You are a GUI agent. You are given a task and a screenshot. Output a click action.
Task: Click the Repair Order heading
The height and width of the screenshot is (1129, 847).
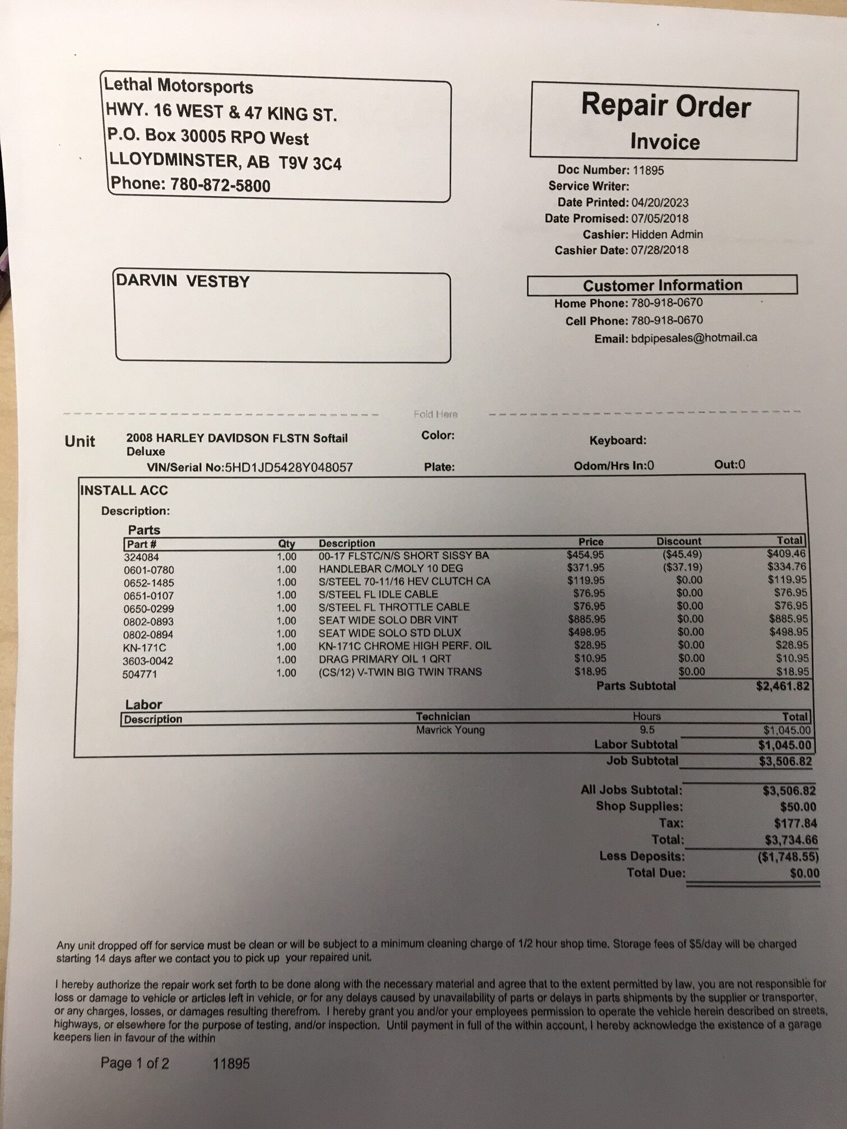pyautogui.click(x=665, y=106)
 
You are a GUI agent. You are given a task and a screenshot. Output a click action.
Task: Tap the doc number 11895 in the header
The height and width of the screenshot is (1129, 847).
pyautogui.click(x=648, y=170)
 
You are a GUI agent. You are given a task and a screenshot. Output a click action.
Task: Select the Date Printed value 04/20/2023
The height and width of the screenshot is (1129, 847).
pyautogui.click(x=660, y=203)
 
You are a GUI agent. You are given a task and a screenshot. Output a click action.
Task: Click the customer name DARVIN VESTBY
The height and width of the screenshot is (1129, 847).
pyautogui.click(x=183, y=281)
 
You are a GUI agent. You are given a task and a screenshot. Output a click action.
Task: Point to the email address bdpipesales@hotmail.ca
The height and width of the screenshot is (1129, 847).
pyautogui.click(x=694, y=338)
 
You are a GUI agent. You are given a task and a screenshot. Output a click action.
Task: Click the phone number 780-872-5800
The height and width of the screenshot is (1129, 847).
pyautogui.click(x=220, y=185)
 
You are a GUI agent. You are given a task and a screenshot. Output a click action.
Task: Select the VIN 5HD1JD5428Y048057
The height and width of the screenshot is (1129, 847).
pyautogui.click(x=288, y=468)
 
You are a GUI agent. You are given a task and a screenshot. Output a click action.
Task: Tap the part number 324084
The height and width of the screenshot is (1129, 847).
pyautogui.click(x=141, y=557)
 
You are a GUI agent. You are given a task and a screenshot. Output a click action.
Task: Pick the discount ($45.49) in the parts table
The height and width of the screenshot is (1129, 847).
pyautogui.click(x=682, y=554)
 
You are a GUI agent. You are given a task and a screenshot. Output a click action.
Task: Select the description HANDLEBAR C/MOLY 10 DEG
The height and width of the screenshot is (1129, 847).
pyautogui.click(x=390, y=568)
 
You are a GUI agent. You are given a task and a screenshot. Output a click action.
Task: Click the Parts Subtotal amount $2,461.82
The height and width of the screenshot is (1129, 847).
pyautogui.click(x=782, y=686)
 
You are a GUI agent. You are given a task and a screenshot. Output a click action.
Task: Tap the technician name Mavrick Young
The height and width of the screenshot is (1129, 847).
pyautogui.click(x=450, y=730)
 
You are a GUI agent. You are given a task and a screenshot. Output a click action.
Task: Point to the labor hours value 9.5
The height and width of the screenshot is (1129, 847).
pyautogui.click(x=646, y=730)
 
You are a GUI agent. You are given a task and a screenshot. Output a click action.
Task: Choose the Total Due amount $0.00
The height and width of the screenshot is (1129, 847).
pyautogui.click(x=804, y=873)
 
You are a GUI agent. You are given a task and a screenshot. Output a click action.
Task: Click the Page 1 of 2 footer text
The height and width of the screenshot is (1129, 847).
pyautogui.click(x=134, y=1063)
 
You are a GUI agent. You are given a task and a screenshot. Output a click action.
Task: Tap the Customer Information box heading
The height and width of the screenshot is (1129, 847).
pyautogui.click(x=662, y=285)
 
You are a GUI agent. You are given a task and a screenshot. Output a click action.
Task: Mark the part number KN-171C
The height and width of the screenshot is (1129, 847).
pyautogui.click(x=145, y=648)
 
